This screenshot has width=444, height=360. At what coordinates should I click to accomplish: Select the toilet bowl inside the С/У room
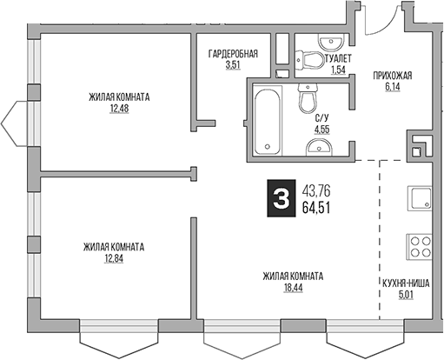(x=306, y=102)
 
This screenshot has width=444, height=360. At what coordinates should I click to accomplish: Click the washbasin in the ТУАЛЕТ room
(x=332, y=42)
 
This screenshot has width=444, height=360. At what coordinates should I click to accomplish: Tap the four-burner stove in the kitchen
(x=419, y=247)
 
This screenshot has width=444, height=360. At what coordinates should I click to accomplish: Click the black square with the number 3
(x=280, y=200)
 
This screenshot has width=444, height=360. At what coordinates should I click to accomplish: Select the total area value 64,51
(x=318, y=208)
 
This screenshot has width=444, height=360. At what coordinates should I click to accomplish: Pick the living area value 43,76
(x=318, y=190)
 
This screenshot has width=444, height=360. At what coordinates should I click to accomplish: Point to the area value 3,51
(x=233, y=65)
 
